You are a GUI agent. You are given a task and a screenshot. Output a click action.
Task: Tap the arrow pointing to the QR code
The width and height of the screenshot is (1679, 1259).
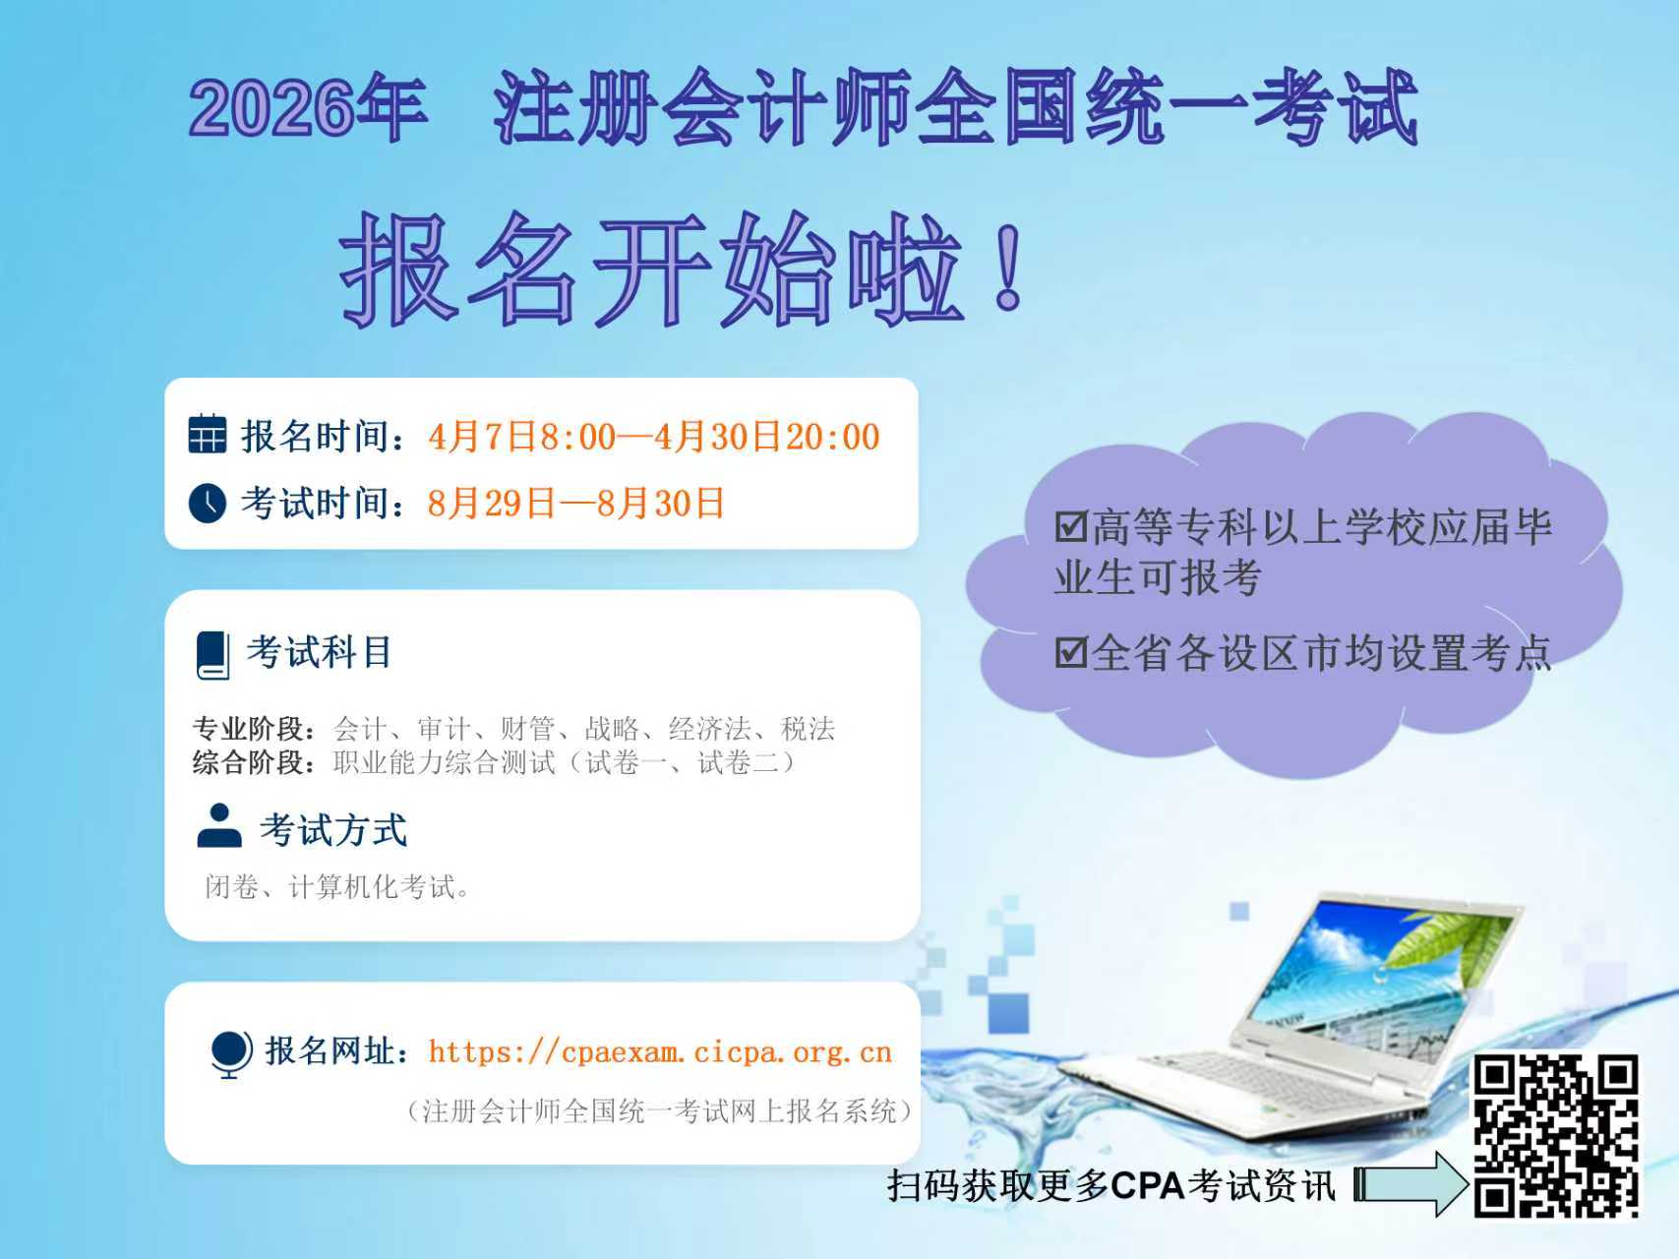click(x=1410, y=1185)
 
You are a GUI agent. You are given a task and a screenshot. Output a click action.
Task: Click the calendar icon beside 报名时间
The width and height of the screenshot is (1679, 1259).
click(x=207, y=434)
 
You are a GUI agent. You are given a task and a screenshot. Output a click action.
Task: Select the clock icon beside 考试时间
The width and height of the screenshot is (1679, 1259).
click(x=207, y=503)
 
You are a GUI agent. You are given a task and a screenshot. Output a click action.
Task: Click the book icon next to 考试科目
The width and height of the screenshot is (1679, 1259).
click(x=213, y=654)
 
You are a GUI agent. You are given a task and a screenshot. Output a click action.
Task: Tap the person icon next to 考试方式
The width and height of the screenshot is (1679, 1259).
click(x=219, y=826)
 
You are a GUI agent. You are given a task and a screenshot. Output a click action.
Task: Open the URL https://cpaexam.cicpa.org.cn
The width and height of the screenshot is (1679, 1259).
click(x=660, y=1052)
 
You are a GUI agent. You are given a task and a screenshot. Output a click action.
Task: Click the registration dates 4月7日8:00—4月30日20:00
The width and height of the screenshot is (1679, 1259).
click(x=654, y=437)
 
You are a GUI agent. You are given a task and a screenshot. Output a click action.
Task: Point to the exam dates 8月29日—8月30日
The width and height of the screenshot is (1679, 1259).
click(x=575, y=504)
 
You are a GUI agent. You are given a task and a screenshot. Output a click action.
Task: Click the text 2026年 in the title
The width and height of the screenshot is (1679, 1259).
click(x=308, y=107)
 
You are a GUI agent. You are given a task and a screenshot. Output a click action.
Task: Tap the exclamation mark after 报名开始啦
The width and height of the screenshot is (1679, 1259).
click(x=1008, y=267)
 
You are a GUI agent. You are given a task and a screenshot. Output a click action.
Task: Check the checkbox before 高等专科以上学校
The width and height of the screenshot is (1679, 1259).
click(x=1071, y=527)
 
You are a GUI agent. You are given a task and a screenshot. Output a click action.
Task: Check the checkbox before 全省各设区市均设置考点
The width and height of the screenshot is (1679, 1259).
click(x=1071, y=652)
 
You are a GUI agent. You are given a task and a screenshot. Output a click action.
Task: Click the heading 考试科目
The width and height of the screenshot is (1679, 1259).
click(x=319, y=652)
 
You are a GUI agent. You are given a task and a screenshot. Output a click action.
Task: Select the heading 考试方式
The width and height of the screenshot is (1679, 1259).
click(x=333, y=830)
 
